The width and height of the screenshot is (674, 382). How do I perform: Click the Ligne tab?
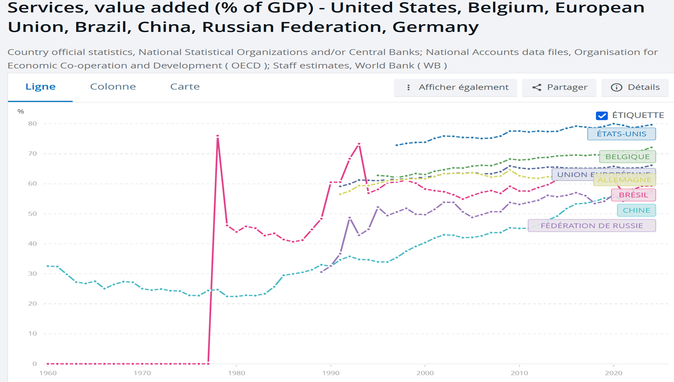40,87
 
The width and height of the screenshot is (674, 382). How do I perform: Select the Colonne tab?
113,87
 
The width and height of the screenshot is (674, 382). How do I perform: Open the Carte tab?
185,87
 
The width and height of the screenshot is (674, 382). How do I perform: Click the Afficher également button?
456,87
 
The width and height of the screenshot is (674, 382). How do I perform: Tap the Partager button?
559,87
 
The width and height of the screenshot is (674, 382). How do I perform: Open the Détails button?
635,87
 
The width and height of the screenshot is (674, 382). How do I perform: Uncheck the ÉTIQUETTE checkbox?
602,116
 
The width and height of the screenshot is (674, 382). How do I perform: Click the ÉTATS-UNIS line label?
621,134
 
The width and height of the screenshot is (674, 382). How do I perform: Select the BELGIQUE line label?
628,157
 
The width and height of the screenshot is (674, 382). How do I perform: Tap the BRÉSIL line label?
633,195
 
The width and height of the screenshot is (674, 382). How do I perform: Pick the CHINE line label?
636,210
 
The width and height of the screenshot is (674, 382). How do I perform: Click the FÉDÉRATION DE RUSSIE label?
592,226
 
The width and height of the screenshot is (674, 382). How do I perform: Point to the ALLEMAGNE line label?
625,180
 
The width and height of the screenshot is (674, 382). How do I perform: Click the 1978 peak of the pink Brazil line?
217,136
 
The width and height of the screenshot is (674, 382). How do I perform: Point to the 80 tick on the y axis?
33,124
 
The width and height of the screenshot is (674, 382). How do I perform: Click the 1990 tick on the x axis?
330,373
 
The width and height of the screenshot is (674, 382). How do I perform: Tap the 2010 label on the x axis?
519,373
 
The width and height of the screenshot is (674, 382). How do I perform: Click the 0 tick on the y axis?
35,364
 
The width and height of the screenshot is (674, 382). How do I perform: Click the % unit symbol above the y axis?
20,111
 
